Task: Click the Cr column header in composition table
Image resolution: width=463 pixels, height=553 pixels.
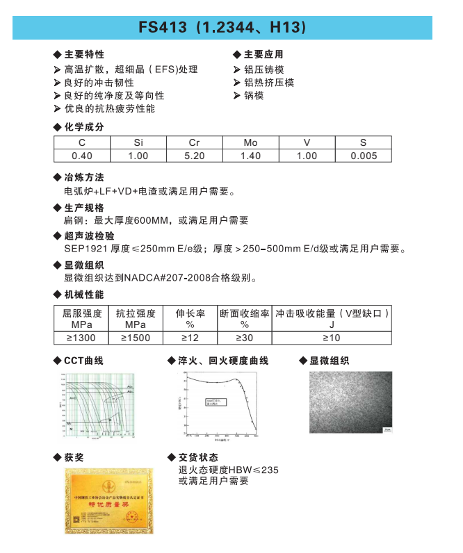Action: click(195, 143)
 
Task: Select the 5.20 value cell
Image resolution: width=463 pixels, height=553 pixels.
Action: click(195, 156)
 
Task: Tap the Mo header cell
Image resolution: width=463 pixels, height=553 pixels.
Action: click(250, 143)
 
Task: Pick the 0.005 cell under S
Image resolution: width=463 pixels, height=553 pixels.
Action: click(364, 156)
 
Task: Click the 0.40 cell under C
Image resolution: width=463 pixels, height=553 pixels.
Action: click(82, 156)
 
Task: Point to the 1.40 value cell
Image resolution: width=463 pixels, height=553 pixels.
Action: click(250, 156)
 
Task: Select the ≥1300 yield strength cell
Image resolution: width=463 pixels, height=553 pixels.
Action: click(82, 338)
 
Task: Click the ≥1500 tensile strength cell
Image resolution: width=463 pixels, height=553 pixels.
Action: click(136, 338)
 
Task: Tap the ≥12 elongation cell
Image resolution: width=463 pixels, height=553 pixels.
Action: click(190, 338)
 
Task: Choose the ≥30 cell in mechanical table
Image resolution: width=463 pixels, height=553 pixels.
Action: click(244, 338)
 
